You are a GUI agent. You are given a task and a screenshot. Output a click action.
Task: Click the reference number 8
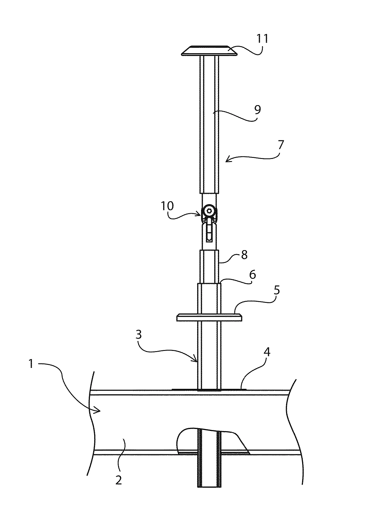tap(244, 255)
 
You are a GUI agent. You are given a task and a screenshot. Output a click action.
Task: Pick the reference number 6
tap(252, 275)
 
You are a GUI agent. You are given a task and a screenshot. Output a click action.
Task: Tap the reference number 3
tap(139, 335)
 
